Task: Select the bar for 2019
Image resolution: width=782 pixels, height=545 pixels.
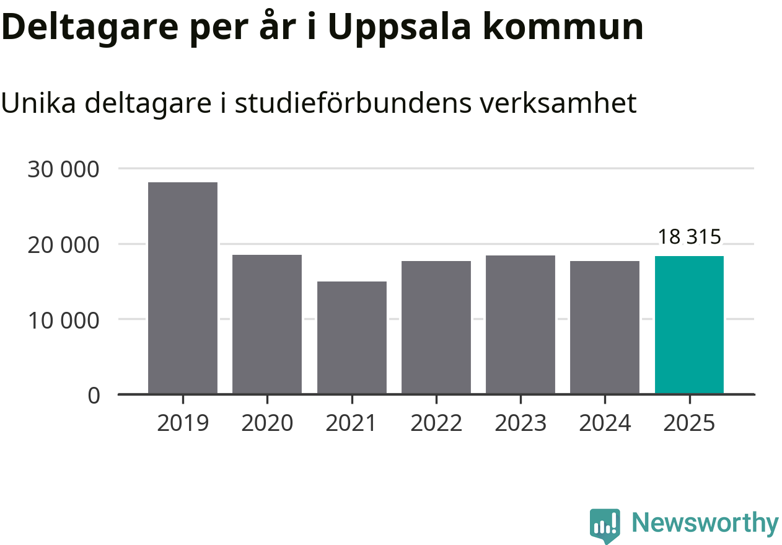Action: pos(183,288)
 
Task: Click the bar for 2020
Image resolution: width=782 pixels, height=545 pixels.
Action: pos(267,324)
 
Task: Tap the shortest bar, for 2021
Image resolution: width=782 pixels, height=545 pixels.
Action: pos(352,337)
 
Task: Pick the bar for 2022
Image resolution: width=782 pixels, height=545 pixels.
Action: pos(436,327)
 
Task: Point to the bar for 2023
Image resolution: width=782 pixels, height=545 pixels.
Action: pos(521,324)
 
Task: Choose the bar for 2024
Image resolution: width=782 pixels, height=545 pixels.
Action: pos(605,327)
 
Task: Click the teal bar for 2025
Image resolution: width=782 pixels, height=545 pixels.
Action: pos(689,324)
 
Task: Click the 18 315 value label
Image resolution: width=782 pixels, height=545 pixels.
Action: pos(689,237)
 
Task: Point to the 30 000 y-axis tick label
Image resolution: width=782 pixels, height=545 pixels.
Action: pos(63,169)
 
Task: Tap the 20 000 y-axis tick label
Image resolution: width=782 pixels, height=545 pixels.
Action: pos(63,245)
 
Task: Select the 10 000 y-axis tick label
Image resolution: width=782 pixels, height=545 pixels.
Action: pos(63,321)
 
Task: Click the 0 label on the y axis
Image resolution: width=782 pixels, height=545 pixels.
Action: pos(94,396)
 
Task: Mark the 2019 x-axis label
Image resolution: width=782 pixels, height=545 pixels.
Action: pos(183,423)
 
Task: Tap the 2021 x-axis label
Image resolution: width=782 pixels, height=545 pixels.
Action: pos(352,423)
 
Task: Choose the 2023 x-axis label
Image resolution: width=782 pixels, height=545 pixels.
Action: pos(521,423)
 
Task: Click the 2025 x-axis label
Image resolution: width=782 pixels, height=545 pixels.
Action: pos(689,423)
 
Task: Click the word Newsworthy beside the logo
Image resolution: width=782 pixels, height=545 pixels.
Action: pos(705,523)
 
